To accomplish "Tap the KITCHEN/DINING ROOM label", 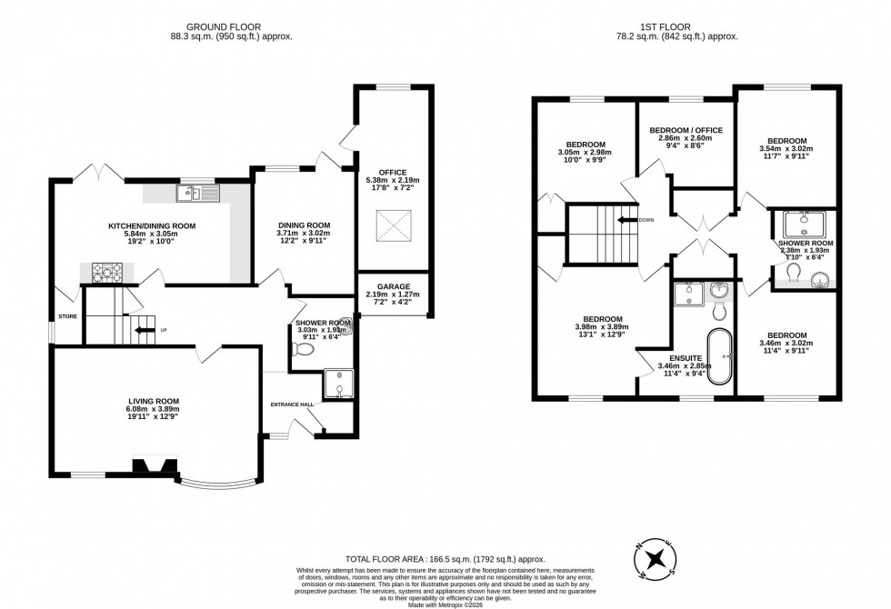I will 153,225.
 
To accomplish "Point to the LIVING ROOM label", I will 154,401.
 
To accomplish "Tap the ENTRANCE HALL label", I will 291,404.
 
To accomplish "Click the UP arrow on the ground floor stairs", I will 144,330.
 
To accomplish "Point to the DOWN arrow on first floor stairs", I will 627,220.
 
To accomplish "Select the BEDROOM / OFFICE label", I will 686,130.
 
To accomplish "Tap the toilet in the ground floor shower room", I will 305,349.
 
